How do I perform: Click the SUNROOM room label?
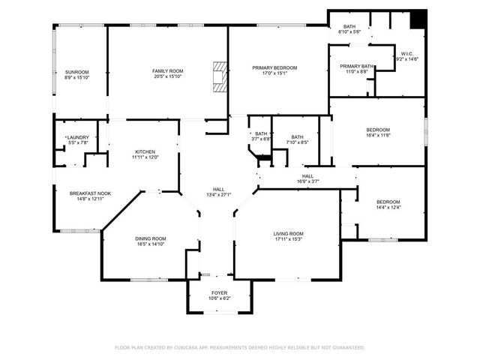pos(76,72)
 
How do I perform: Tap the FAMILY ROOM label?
pos(167,71)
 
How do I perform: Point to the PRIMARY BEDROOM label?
pos(274,68)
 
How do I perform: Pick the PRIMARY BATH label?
pos(356,66)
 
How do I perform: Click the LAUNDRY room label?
pos(77,137)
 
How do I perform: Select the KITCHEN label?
pos(145,151)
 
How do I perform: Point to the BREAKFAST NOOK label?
pos(90,193)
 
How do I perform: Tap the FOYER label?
pos(219,292)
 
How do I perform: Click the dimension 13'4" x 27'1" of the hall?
pos(218,194)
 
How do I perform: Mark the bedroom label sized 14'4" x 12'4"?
pos(388,202)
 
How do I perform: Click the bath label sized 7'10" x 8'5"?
pos(297,137)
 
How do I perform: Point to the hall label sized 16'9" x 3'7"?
pos(307,175)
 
